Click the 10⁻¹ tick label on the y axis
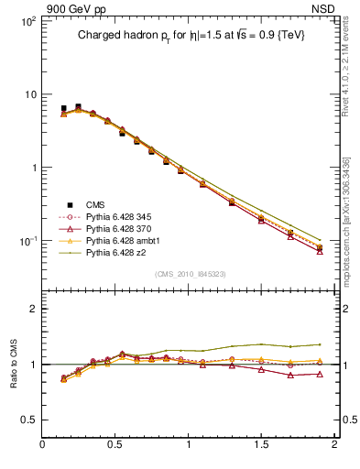(27, 241)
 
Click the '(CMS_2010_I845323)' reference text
(190, 274)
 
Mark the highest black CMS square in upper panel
(78, 107)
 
